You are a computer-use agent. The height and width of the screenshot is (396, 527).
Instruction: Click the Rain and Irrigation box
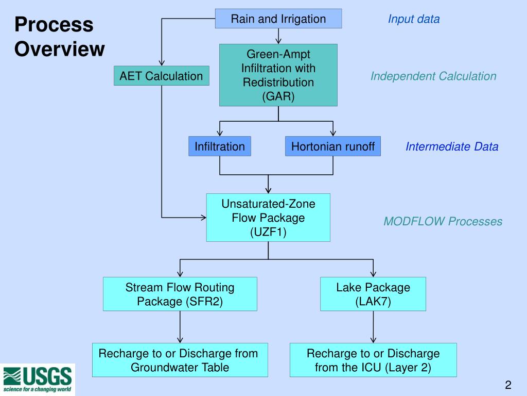click(x=278, y=19)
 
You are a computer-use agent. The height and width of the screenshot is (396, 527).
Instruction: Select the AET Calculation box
click(x=161, y=76)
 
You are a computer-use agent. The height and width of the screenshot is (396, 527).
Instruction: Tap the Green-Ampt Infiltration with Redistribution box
click(x=278, y=75)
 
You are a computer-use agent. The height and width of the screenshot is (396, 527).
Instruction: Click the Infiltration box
click(x=220, y=146)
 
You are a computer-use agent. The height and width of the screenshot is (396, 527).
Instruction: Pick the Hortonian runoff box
click(x=333, y=146)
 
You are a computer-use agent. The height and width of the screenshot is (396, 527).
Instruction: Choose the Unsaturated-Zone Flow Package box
click(x=268, y=218)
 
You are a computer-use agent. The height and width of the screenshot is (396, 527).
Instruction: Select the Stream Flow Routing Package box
click(x=180, y=294)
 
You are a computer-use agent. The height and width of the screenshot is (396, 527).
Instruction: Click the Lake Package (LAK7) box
click(x=373, y=294)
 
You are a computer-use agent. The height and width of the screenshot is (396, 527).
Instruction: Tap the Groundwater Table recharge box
click(x=180, y=360)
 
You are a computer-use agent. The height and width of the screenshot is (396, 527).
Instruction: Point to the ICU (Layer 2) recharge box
click(x=373, y=360)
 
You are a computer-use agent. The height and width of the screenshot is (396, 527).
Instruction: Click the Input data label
click(x=414, y=20)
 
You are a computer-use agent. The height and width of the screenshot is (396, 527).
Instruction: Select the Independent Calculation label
click(x=433, y=76)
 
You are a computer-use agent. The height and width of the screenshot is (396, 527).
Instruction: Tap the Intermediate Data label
click(x=452, y=146)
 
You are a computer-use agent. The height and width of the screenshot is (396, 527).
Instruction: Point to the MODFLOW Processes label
click(x=443, y=222)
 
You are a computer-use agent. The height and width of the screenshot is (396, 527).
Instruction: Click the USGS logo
click(x=38, y=379)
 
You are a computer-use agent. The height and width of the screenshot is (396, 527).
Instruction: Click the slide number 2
click(x=507, y=385)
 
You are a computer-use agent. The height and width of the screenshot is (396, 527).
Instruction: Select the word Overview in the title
click(x=59, y=49)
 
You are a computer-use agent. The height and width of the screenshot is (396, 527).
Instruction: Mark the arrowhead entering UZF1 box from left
click(x=202, y=218)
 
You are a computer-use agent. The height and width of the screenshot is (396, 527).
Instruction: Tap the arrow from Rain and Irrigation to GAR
click(x=278, y=36)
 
